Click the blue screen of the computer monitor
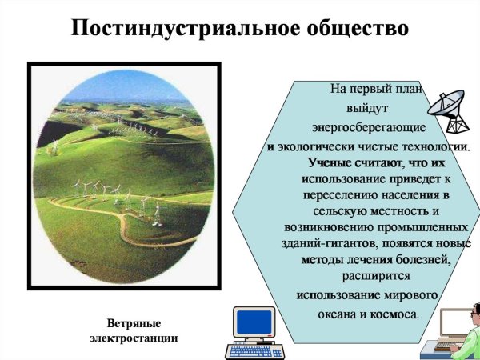254,322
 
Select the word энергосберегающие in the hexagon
367,128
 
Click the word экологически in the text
315,148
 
